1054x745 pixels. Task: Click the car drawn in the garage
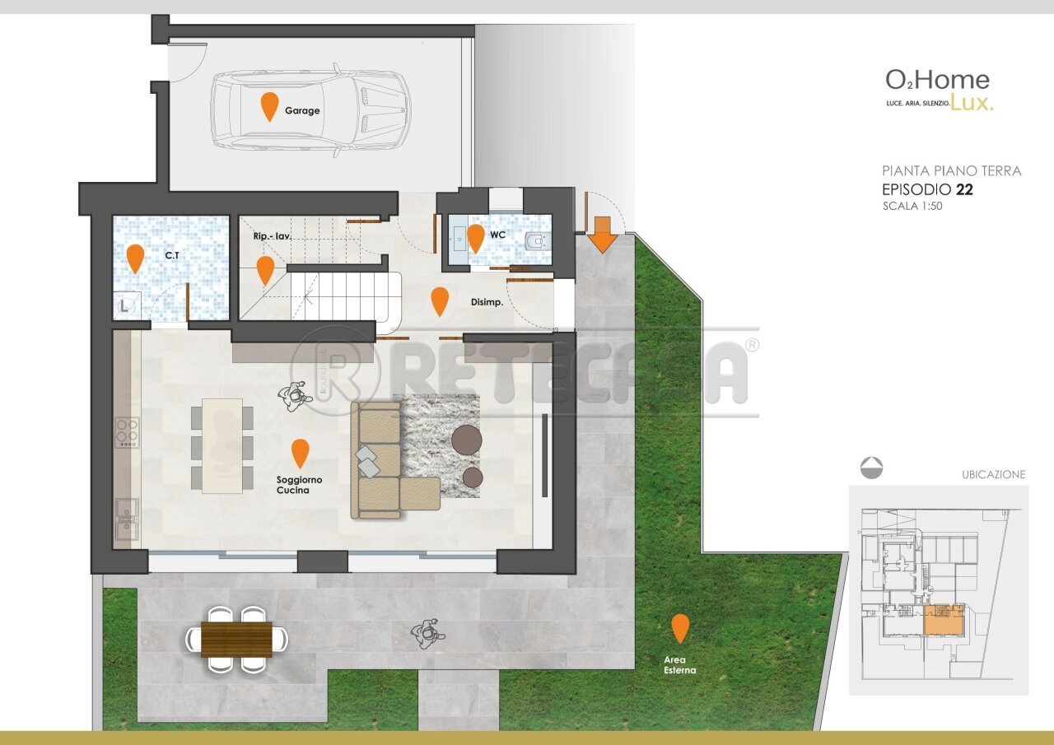(x=310, y=108)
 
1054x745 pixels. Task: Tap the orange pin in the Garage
(x=268, y=106)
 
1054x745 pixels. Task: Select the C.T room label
(x=172, y=256)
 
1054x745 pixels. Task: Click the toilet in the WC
(x=536, y=241)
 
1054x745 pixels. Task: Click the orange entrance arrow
(x=603, y=234)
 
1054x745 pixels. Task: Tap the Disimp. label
(x=487, y=301)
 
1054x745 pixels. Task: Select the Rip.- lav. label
(x=273, y=236)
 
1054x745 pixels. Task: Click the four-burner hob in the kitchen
(x=127, y=432)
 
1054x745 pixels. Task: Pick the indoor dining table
(x=222, y=445)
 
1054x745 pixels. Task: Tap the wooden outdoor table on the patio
(x=236, y=640)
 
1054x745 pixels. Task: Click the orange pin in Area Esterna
(x=679, y=628)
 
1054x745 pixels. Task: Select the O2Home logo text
(x=937, y=81)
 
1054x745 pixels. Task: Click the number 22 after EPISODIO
(x=965, y=189)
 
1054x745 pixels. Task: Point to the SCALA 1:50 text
(x=912, y=207)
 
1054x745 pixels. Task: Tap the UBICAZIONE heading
(x=993, y=475)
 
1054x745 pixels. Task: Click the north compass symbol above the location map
(x=871, y=468)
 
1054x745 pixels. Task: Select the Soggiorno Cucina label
(x=299, y=485)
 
